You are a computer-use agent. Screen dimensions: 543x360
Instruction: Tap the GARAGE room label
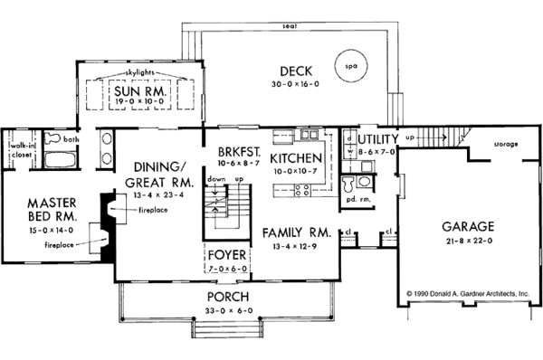pos(468,227)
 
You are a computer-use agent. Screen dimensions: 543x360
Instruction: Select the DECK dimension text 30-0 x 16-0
pos(295,84)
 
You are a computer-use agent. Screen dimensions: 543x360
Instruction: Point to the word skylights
pos(139,72)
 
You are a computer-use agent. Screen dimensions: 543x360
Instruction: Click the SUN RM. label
pos(140,91)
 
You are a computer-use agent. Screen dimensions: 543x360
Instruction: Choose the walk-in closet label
pos(22,150)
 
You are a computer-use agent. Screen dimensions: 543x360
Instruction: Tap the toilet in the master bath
pos(53,138)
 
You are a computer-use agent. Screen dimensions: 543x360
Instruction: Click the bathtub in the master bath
pos(61,159)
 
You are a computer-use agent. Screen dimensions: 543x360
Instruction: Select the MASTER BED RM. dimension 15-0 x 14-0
pos(52,230)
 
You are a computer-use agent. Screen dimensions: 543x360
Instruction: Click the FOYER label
pos(227,255)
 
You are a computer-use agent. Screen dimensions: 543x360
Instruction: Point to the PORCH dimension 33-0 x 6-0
pos(229,310)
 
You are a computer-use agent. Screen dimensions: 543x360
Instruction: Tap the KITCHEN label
pos(296,158)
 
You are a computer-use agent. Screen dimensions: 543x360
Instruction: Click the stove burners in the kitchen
pos(301,190)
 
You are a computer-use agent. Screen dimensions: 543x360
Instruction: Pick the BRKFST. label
pos(239,152)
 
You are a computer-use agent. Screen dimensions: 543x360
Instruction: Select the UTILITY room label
pos(378,139)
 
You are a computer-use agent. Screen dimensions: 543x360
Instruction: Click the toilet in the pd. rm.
pos(348,185)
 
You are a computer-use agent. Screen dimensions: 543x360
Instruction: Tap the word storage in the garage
pos(506,144)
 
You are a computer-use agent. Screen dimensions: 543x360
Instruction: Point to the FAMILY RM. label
pos(297,233)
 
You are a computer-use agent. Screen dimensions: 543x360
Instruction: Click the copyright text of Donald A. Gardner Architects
pos(468,294)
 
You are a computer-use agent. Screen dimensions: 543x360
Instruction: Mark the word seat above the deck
pos(290,26)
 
